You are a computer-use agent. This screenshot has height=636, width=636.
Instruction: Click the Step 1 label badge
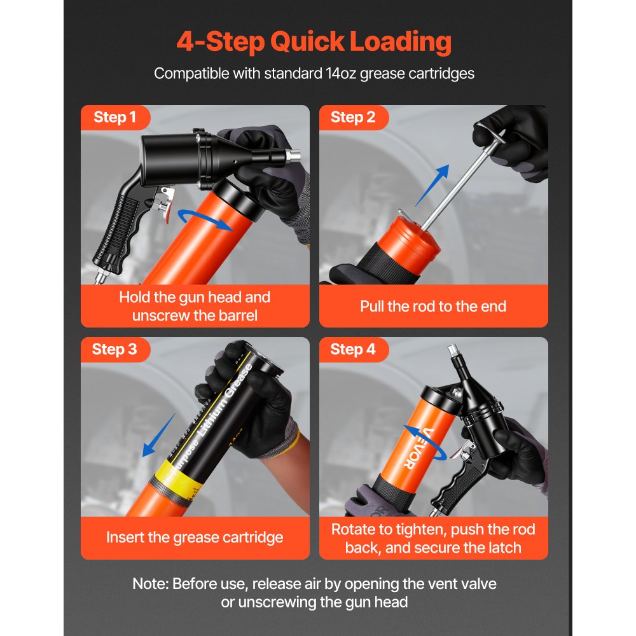pyautogui.click(x=115, y=117)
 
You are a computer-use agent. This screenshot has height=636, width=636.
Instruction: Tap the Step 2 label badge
pyautogui.click(x=353, y=117)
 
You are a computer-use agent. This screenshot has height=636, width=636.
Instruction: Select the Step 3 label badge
pyautogui.click(x=114, y=349)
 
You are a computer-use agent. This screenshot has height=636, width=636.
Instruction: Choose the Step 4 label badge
pyautogui.click(x=353, y=349)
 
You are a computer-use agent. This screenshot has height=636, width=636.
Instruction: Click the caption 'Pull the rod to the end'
pyautogui.click(x=433, y=306)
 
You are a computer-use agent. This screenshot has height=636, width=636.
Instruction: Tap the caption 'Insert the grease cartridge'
pyautogui.click(x=195, y=537)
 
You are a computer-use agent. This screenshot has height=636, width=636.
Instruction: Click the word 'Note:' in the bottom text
pyautogui.click(x=151, y=583)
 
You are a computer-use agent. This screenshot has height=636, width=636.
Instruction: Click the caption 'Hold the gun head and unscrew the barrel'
pyautogui.click(x=195, y=306)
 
